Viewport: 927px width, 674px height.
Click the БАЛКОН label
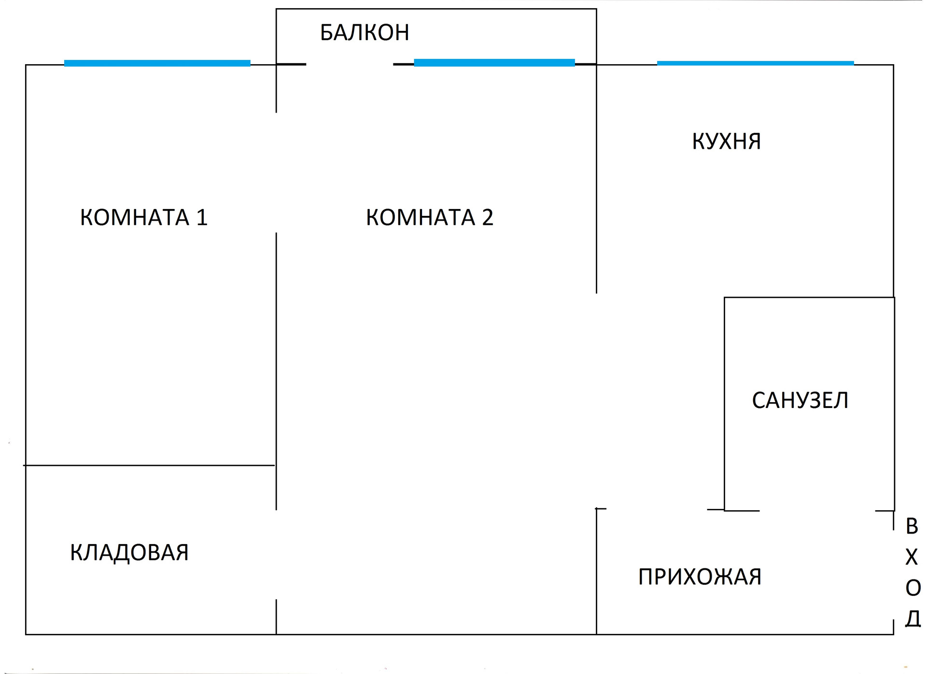coord(365,33)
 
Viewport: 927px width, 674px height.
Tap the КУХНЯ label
coord(726,141)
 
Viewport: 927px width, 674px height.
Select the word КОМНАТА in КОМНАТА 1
coord(134,217)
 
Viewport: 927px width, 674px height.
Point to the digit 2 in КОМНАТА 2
coord(487,217)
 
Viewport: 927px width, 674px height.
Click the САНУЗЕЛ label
coord(800,400)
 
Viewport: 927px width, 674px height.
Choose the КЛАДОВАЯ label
coord(129,552)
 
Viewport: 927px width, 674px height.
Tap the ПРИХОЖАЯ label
coord(700,577)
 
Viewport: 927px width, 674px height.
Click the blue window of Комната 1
coord(157,63)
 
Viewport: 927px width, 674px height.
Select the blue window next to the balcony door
coord(494,63)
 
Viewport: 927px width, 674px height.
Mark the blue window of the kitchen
coord(755,63)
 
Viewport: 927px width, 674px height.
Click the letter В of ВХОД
coord(912,526)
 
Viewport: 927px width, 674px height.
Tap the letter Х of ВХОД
coord(912,558)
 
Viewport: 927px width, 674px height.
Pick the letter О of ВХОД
coord(913,588)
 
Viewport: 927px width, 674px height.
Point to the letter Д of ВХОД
coord(913,618)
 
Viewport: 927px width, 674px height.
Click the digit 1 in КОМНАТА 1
coord(201,217)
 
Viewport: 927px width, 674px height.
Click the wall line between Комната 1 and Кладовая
coord(150,465)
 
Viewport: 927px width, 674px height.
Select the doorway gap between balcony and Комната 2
coord(350,64)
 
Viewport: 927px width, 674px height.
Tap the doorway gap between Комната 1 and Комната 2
coord(276,173)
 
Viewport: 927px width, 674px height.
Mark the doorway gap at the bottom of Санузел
coord(817,510)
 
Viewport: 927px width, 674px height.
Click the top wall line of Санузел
coord(809,297)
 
